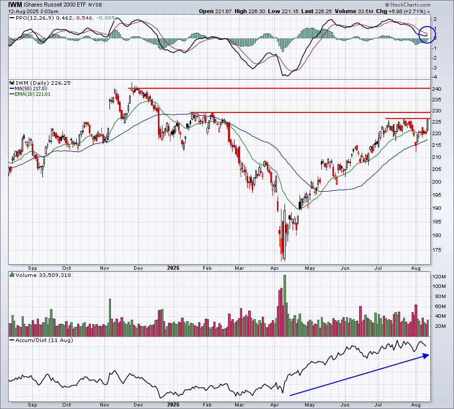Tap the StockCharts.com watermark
(x=408, y=5)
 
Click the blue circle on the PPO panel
(x=427, y=34)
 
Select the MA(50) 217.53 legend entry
(x=28, y=89)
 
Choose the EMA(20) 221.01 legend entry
(x=30, y=94)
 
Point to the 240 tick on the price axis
(x=437, y=89)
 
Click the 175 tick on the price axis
(x=437, y=250)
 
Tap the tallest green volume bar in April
(x=285, y=306)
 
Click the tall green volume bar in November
(x=110, y=318)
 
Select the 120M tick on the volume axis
(x=439, y=277)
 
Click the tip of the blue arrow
(x=429, y=355)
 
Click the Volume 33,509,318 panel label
(x=40, y=275)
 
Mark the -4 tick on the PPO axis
(x=435, y=77)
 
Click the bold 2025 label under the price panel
(x=173, y=268)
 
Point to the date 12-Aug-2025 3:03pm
(x=33, y=12)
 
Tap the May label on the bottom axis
(x=310, y=404)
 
